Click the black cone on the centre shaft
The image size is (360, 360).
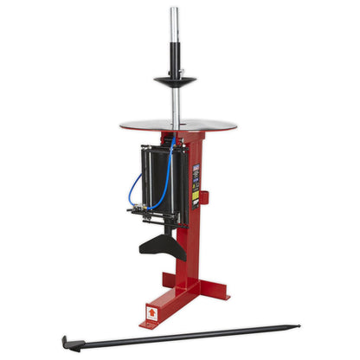[175, 80]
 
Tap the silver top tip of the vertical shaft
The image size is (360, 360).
[175, 11]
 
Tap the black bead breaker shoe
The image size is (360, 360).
[170, 242]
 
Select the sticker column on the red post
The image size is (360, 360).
[196, 181]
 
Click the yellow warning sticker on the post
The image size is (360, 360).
[196, 196]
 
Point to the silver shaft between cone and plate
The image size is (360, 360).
[175, 104]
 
